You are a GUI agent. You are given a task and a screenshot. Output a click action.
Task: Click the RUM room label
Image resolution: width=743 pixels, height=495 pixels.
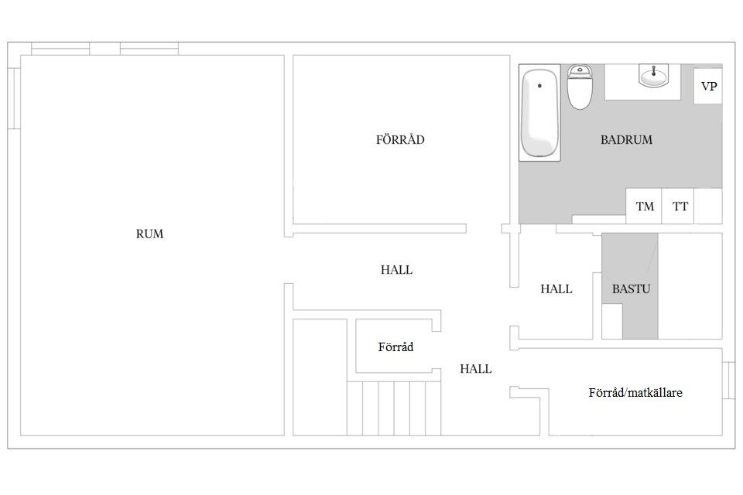(x=150, y=234)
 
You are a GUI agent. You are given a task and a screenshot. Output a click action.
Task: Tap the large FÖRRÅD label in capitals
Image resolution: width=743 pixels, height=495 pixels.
(x=400, y=140)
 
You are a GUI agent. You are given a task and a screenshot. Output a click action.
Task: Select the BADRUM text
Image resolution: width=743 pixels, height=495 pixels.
(x=626, y=140)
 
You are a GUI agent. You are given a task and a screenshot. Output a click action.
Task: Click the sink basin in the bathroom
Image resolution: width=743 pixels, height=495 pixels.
(x=654, y=77)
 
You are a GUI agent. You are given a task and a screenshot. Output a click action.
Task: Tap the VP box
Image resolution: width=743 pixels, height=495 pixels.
(x=709, y=87)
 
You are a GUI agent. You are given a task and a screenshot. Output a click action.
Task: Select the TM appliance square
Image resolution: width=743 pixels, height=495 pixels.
(x=645, y=207)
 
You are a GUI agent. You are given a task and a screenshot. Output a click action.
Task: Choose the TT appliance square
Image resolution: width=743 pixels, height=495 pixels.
(x=680, y=207)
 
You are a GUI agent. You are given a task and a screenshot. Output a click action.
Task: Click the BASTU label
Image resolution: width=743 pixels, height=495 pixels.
(x=631, y=289)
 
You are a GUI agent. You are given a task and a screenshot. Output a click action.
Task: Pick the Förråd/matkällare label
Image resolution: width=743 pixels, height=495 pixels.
(x=635, y=393)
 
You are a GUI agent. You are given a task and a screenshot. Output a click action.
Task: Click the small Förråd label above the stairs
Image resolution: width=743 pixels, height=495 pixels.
(x=395, y=347)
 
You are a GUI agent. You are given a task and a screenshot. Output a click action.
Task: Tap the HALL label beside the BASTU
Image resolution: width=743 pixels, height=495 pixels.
(x=556, y=289)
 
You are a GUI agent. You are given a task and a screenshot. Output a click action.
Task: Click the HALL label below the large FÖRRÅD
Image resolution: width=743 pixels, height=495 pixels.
(x=396, y=270)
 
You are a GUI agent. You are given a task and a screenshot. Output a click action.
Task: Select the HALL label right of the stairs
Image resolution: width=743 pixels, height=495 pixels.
(x=476, y=369)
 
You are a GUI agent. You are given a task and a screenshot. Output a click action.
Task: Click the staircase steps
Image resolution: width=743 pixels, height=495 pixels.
(x=394, y=408)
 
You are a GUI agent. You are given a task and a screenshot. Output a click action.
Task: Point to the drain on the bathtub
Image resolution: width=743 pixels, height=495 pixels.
(x=539, y=86)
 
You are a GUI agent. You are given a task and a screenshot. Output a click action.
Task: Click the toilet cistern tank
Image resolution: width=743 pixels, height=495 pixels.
(x=580, y=72)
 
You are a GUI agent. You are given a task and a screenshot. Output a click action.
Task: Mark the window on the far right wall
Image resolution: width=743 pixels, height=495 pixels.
(x=727, y=380)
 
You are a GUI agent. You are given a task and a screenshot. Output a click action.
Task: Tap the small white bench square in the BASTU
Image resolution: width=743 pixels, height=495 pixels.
(x=612, y=321)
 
